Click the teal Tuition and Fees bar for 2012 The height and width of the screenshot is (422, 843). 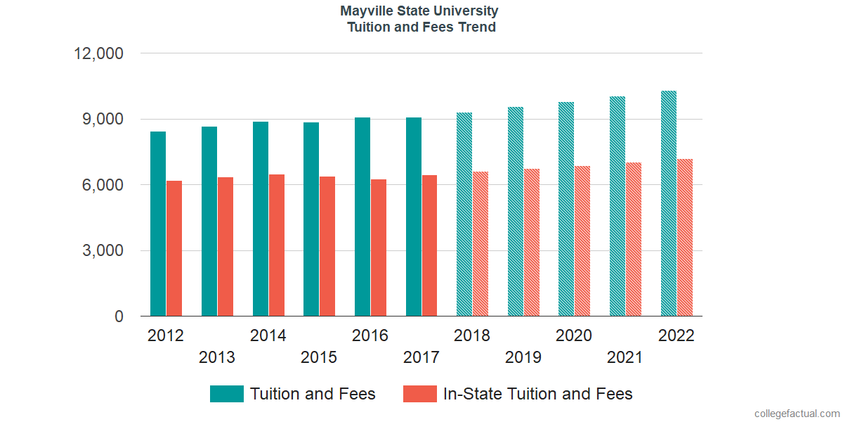pyautogui.click(x=158, y=224)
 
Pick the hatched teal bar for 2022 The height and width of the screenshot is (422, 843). pyautogui.click(x=669, y=203)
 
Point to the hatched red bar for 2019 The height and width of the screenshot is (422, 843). pyautogui.click(x=532, y=243)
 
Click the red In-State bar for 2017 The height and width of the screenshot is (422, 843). pyautogui.click(x=429, y=245)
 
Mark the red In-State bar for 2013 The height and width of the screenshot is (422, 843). pyautogui.click(x=226, y=247)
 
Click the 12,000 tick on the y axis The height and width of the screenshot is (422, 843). pyautogui.click(x=99, y=53)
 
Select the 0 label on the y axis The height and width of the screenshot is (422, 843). pyautogui.click(x=119, y=317)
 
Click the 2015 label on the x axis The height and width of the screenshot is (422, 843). pyautogui.click(x=319, y=357)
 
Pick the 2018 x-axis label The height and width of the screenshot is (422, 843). pyautogui.click(x=472, y=335)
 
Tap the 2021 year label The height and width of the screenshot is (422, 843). pyautogui.click(x=625, y=357)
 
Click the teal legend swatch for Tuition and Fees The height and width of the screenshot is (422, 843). pyautogui.click(x=226, y=394)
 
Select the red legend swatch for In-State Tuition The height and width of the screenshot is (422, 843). pyautogui.click(x=419, y=394)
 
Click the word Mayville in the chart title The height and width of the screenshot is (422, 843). pyautogui.click(x=367, y=11)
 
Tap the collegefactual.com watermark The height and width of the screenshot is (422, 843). pyautogui.click(x=797, y=414)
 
